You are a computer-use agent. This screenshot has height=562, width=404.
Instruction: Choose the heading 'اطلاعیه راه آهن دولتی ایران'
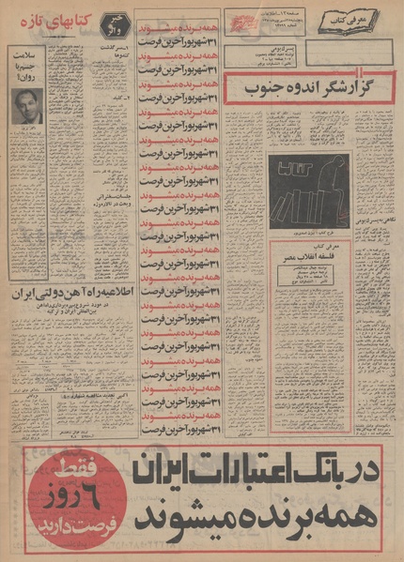[x=66, y=294]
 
